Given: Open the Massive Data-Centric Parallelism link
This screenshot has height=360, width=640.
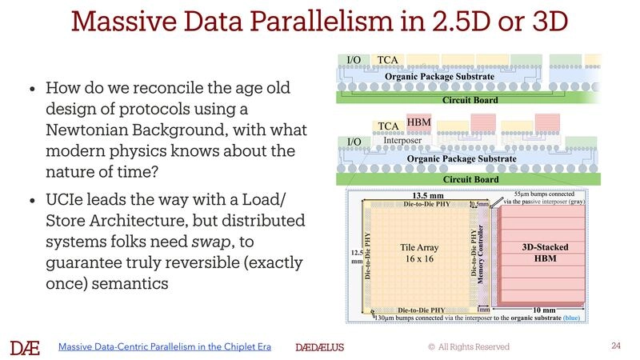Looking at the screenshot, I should (x=165, y=346).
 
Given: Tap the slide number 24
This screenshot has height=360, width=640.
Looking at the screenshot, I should (x=615, y=346).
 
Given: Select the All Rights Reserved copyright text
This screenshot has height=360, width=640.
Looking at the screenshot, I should (x=468, y=346).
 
